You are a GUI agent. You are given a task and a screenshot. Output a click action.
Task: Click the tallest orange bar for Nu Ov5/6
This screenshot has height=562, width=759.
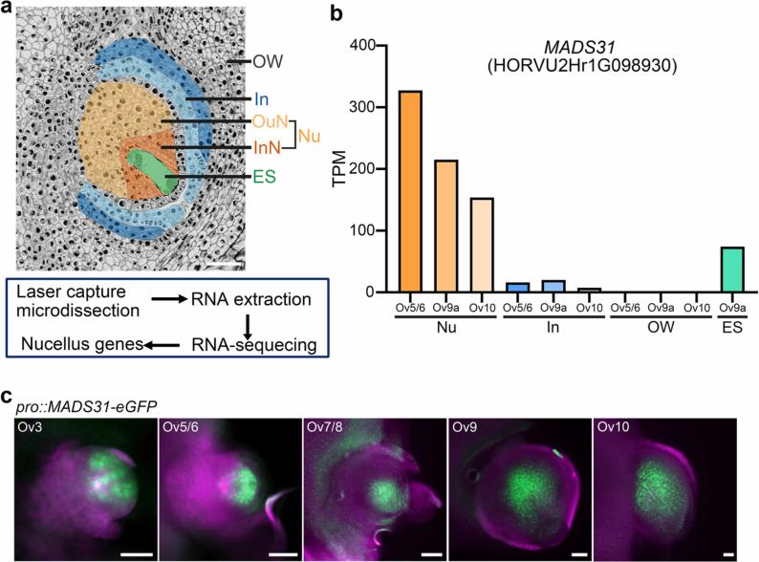(x=410, y=191)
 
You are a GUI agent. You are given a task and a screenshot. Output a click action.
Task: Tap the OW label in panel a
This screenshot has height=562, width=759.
(x=267, y=63)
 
